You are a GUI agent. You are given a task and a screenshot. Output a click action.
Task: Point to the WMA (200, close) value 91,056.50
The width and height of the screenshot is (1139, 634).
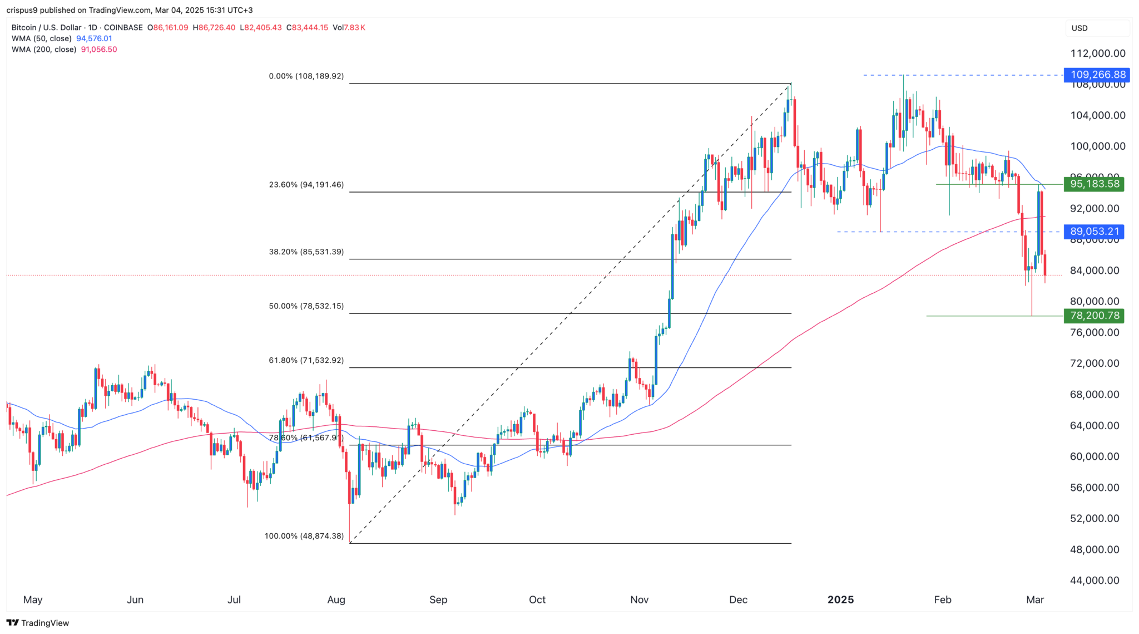99,50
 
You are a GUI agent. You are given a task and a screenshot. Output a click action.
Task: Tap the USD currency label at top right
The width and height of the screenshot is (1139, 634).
1079,28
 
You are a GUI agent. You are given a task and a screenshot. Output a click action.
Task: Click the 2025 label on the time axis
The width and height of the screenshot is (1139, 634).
840,599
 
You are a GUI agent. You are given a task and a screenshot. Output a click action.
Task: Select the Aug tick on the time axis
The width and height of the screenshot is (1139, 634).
336,599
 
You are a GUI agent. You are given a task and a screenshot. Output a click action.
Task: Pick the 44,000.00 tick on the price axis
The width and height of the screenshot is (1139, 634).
1095,580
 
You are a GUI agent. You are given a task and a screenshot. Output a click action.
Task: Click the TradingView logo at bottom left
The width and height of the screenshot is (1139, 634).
38,623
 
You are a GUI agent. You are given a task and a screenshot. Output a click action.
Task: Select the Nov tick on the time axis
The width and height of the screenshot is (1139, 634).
640,599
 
